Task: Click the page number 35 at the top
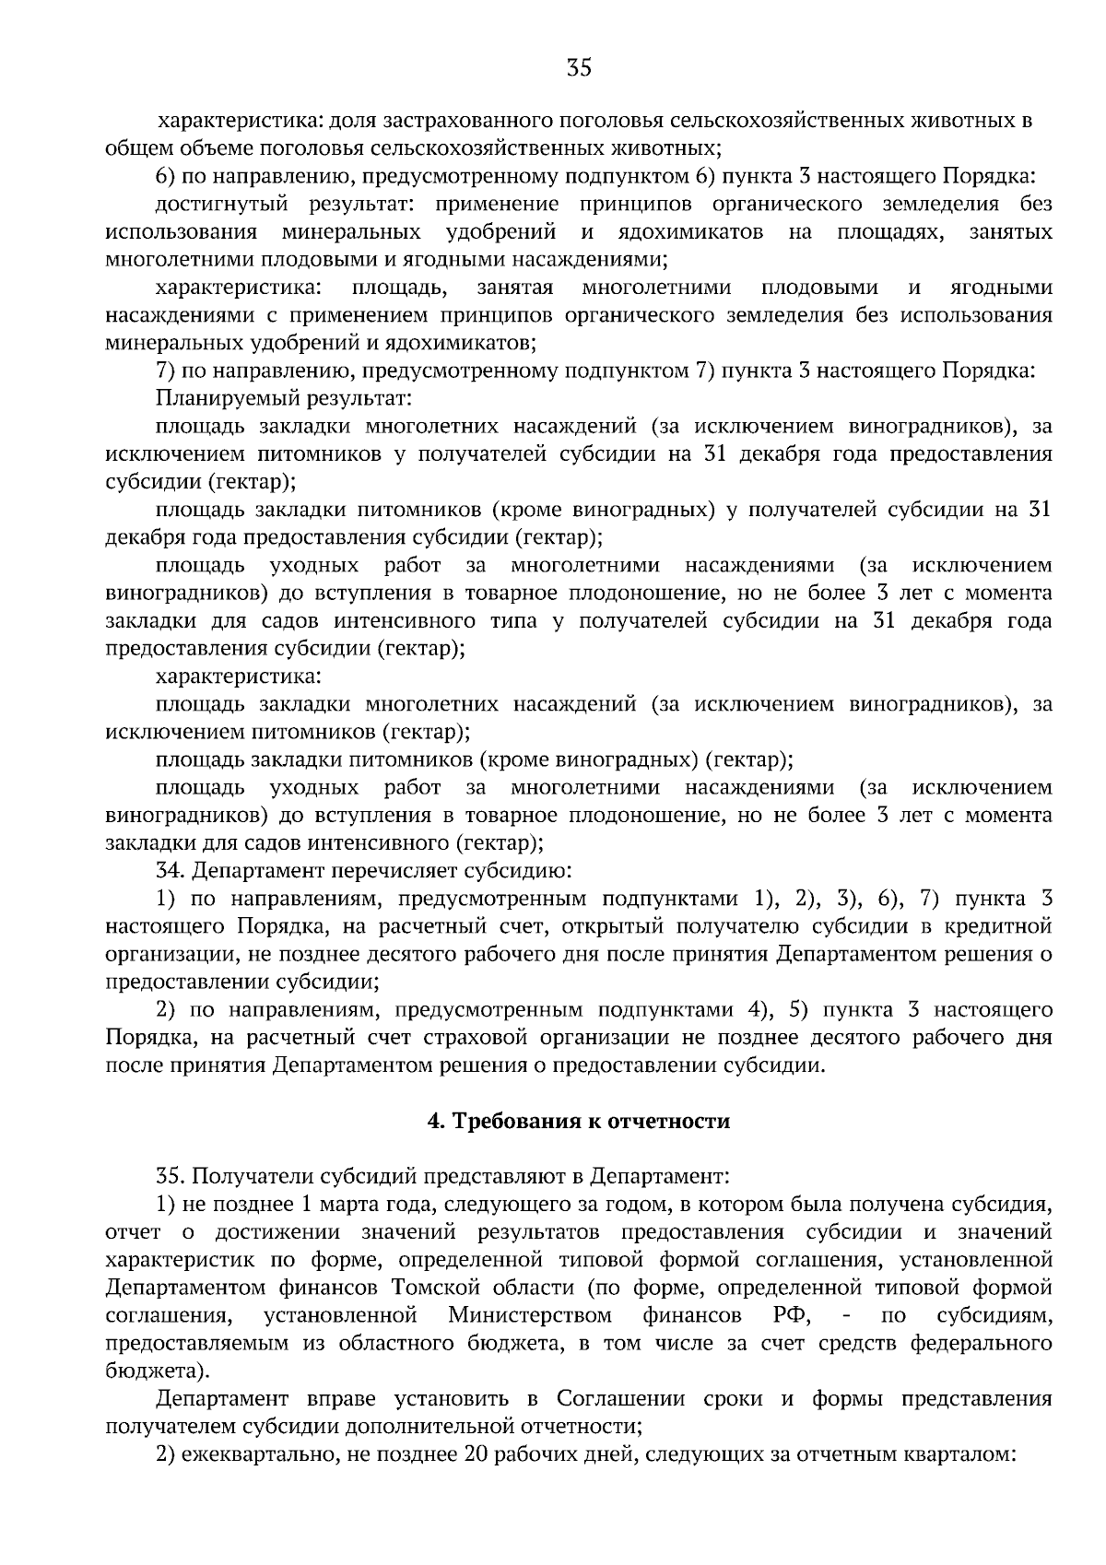point(578,68)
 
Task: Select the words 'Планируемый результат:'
point(283,399)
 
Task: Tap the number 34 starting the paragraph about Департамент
point(168,869)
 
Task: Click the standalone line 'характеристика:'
point(239,677)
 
